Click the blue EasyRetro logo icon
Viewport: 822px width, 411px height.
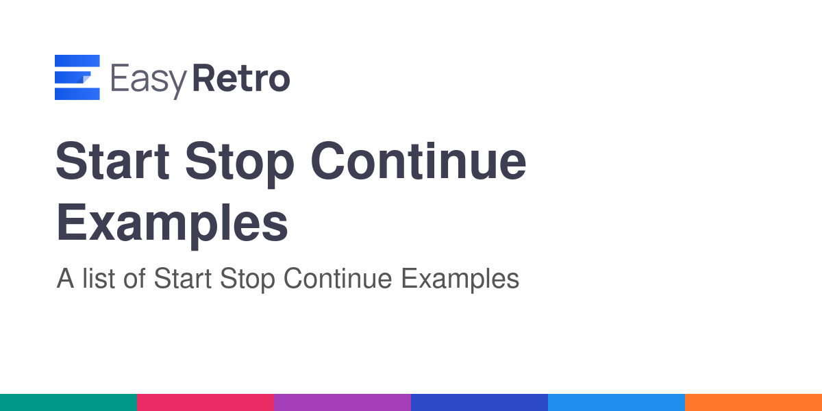77,77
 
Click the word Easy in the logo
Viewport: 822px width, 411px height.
149,80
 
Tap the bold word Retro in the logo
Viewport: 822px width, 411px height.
241,78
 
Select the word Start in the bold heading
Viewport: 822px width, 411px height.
112,161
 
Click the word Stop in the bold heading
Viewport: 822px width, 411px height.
240,164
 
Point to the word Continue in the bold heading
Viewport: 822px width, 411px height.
419,161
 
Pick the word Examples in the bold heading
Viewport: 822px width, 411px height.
172,225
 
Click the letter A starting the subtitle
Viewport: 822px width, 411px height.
65,279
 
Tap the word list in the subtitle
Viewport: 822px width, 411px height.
99,279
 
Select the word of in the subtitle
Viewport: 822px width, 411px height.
134,279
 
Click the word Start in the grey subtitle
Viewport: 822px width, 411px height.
183,279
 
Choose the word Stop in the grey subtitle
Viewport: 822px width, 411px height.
247,280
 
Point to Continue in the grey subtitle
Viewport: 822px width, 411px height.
338,279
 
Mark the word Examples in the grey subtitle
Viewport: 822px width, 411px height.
460,280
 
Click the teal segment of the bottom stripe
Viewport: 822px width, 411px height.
68,403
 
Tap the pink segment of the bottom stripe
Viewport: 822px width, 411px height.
206,403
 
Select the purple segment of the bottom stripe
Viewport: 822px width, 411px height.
342,403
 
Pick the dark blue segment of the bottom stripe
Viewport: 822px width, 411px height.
480,403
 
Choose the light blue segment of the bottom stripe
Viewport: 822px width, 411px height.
616,403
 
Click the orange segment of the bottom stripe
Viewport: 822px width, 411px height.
754,403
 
